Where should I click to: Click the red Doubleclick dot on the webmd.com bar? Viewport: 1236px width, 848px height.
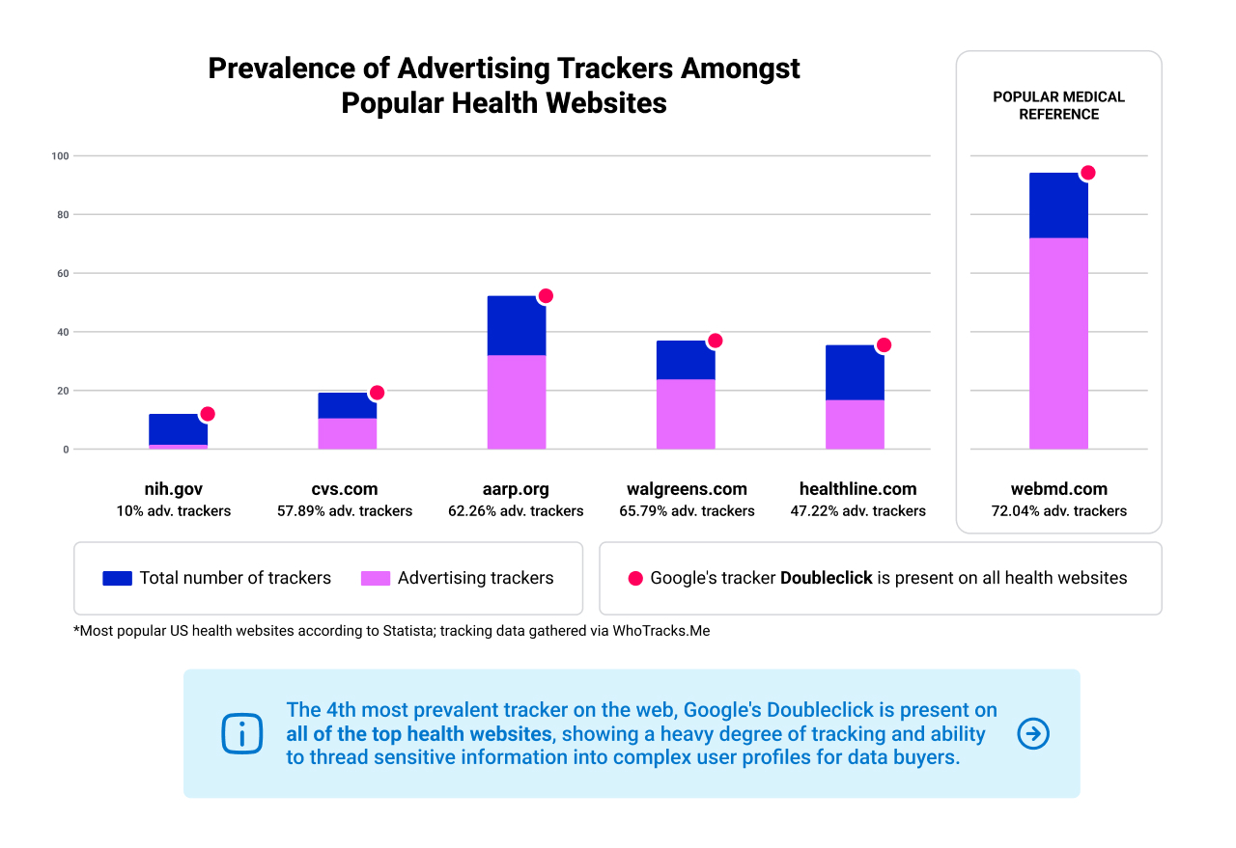[x=1087, y=173]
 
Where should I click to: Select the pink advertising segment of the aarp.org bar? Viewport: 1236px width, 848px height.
[x=517, y=401]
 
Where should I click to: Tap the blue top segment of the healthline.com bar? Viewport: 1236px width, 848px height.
[x=855, y=372]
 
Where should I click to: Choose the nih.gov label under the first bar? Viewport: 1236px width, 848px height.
[x=173, y=489]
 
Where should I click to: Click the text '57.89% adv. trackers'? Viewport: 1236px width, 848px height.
[x=347, y=511]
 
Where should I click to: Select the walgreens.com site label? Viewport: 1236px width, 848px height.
[x=687, y=489]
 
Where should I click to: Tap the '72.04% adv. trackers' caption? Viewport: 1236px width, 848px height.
[x=1059, y=511]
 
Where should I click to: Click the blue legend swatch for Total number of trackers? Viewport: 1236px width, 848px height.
[x=117, y=579]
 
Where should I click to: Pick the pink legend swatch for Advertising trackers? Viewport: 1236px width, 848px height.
[x=376, y=579]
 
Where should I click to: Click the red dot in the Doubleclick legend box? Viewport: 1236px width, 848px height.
[x=635, y=579]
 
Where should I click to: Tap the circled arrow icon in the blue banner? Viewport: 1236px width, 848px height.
[x=1033, y=734]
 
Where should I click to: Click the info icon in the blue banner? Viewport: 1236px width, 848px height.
[x=241, y=734]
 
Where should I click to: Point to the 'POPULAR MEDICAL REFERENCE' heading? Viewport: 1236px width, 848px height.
[x=1058, y=105]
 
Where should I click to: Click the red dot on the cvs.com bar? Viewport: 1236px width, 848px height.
[x=377, y=393]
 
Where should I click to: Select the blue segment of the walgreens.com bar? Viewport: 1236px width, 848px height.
[x=686, y=360]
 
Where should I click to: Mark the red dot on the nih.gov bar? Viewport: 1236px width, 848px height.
[x=207, y=414]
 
